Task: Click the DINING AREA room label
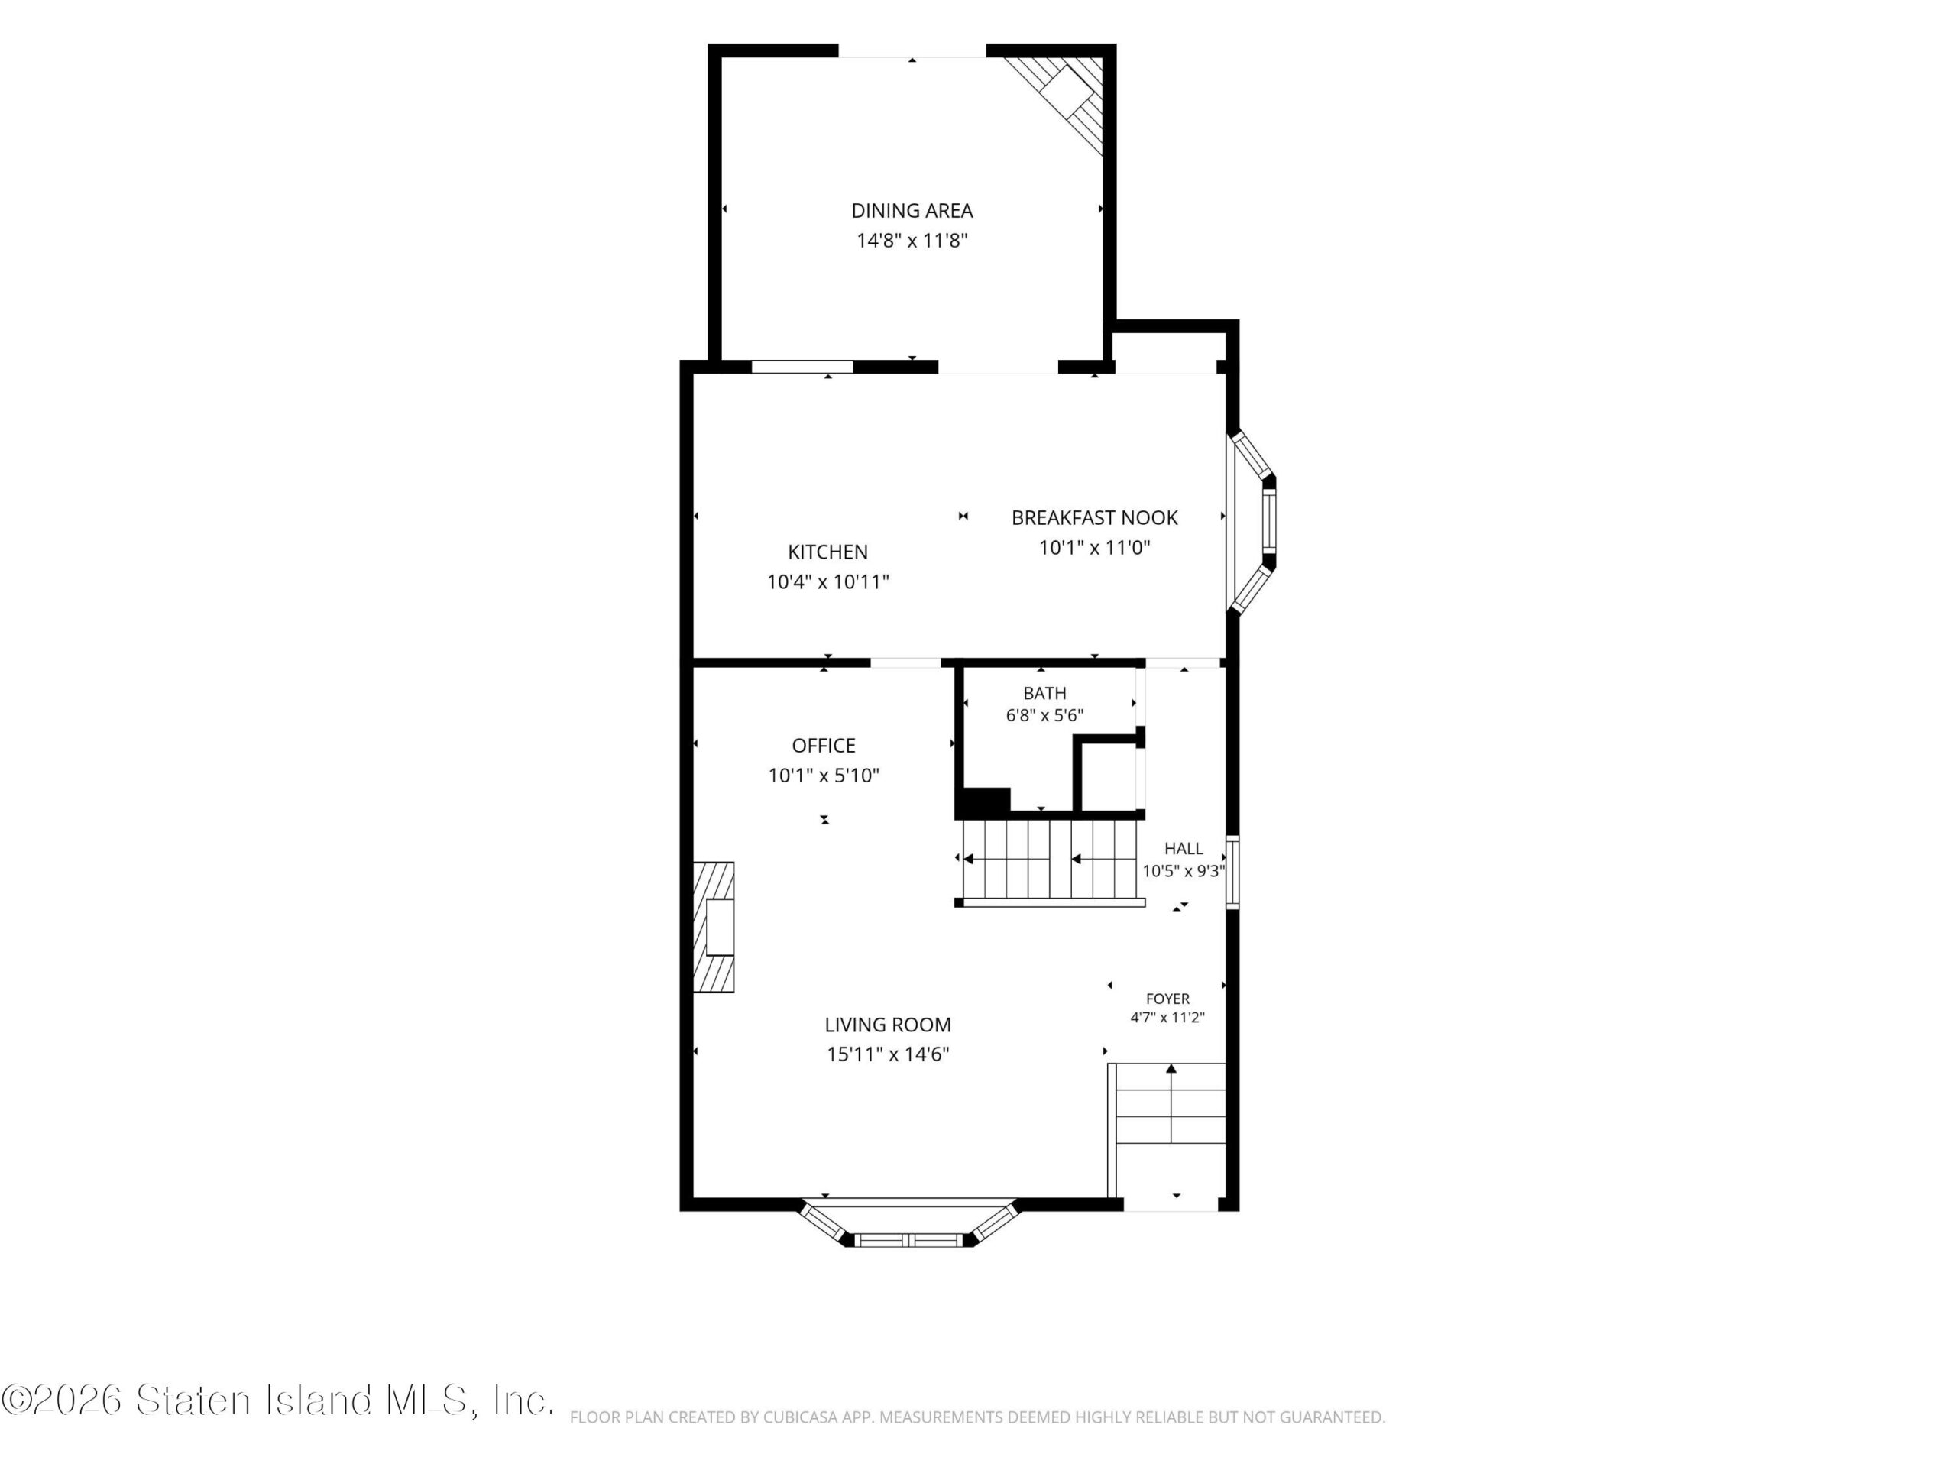tap(912, 210)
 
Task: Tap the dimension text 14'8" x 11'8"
tap(912, 241)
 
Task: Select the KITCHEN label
tap(827, 552)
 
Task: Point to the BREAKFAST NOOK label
tap(1095, 517)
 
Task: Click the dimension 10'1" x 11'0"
tap(1095, 547)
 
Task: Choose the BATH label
tap(1044, 693)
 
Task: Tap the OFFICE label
tap(823, 746)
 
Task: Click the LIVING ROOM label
tap(888, 1025)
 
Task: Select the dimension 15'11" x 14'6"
tap(888, 1054)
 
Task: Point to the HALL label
tap(1183, 849)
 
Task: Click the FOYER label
tap(1167, 999)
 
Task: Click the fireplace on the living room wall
tap(714, 927)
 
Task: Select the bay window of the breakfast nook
tap(1250, 521)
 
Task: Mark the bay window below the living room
tap(910, 1223)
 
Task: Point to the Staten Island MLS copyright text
tap(277, 1401)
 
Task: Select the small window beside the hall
tap(1232, 872)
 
